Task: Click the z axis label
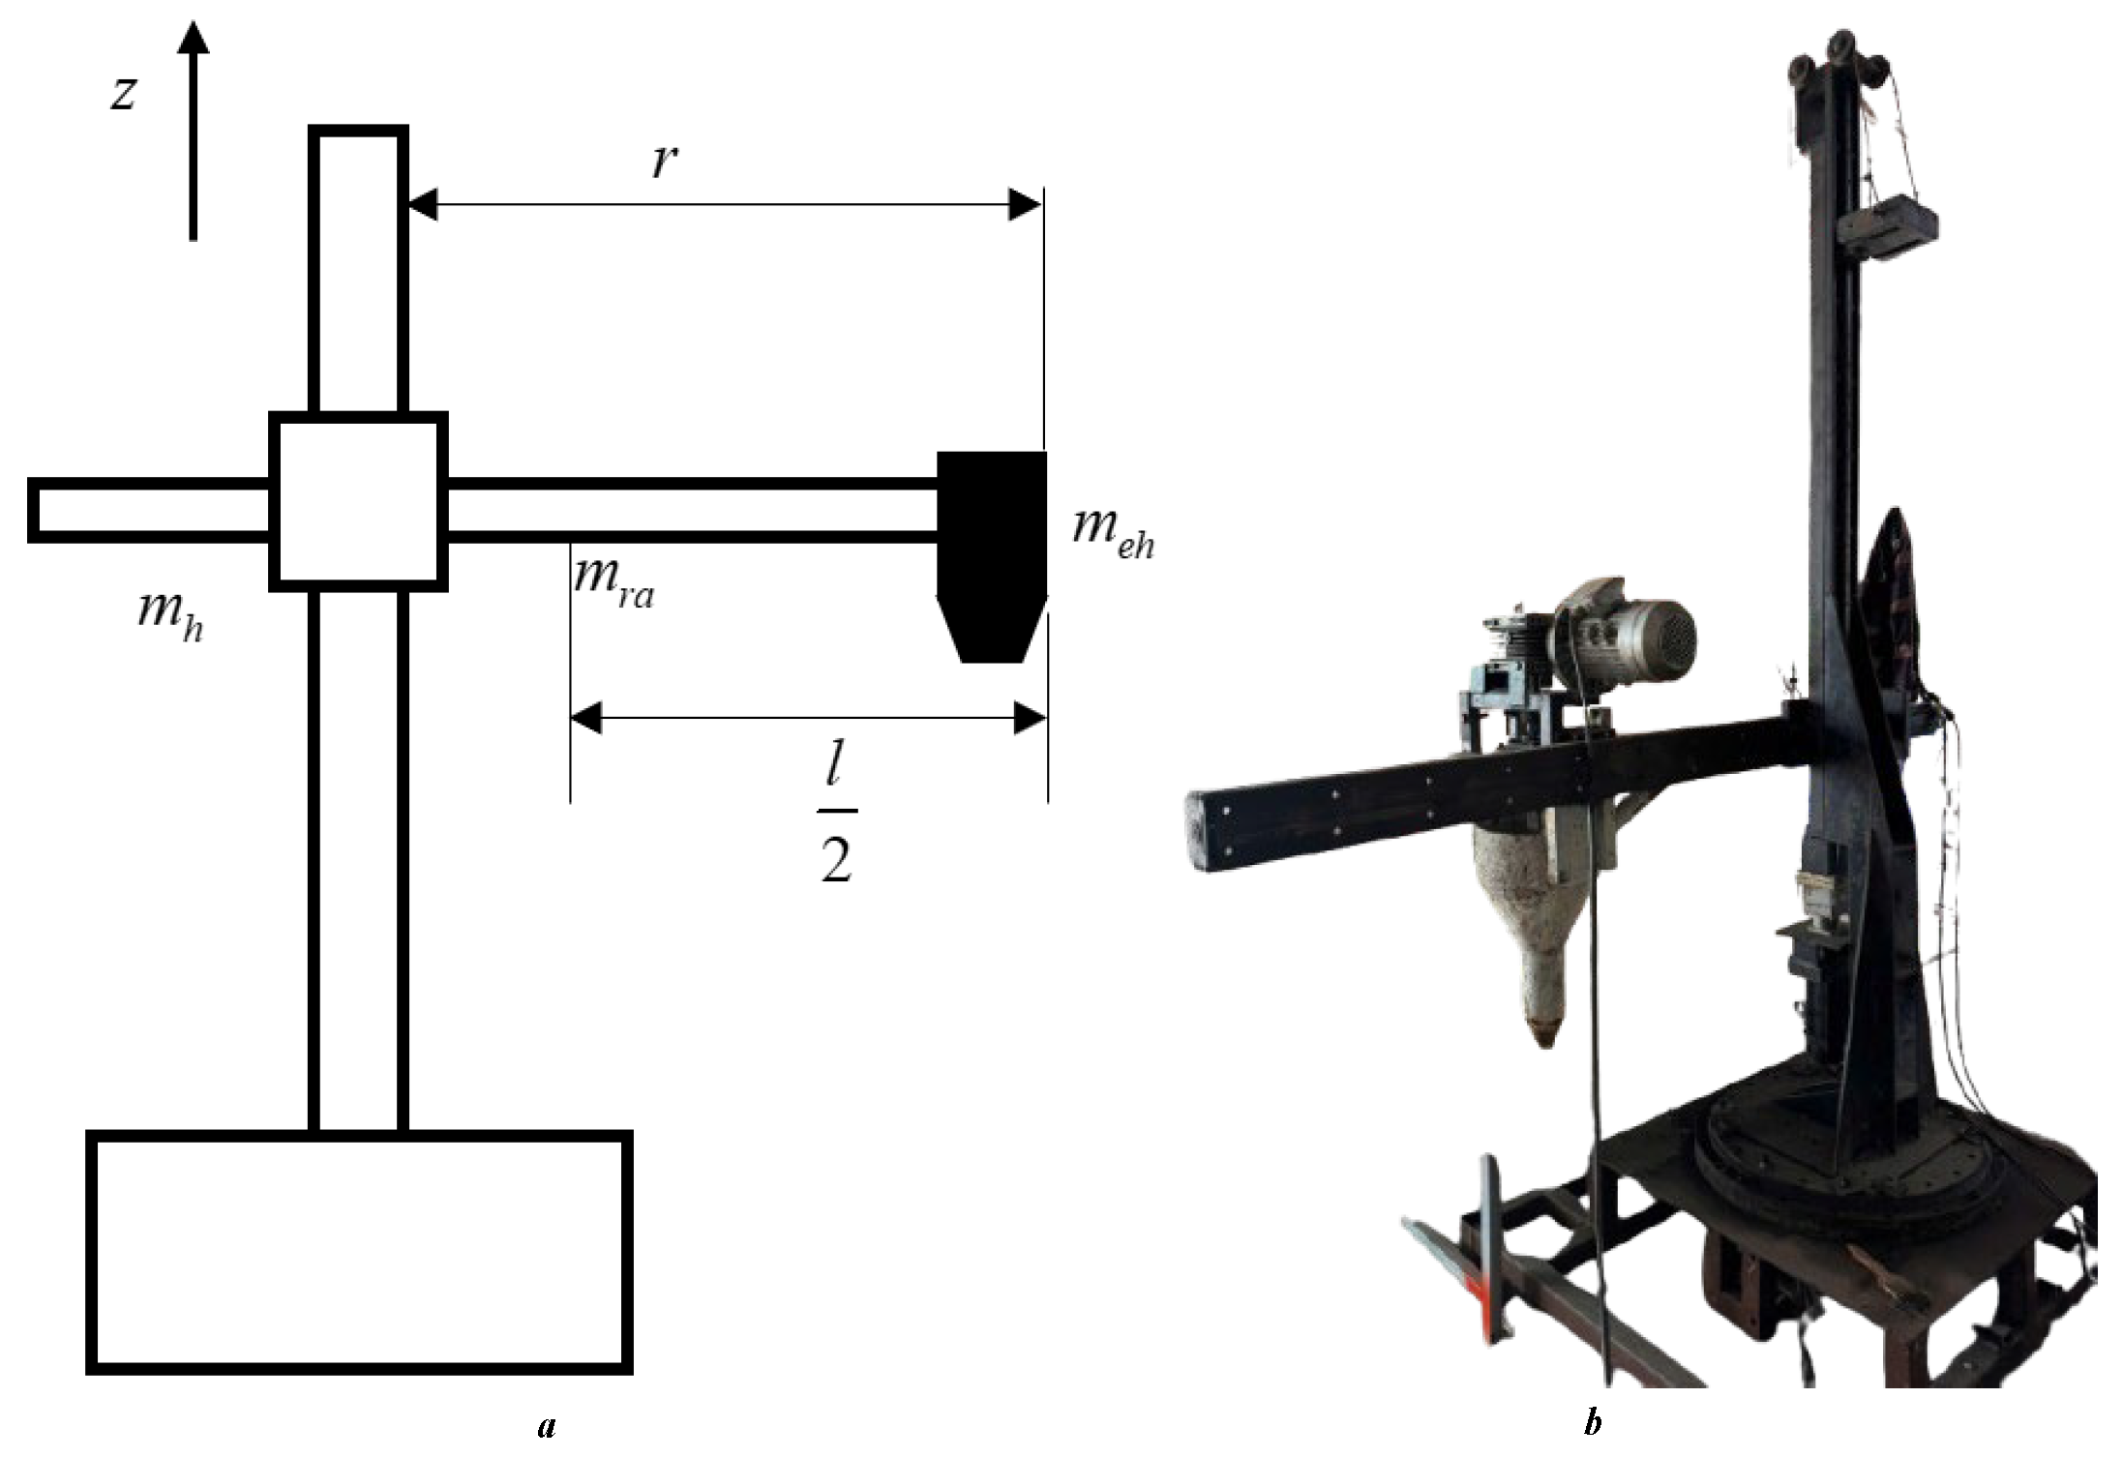coord(123,94)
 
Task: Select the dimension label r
coord(663,162)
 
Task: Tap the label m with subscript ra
coord(613,580)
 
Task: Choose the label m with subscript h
coord(170,616)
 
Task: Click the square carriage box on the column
coord(358,501)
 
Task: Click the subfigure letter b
coord(1592,1425)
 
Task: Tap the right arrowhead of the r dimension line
coord(1026,205)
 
